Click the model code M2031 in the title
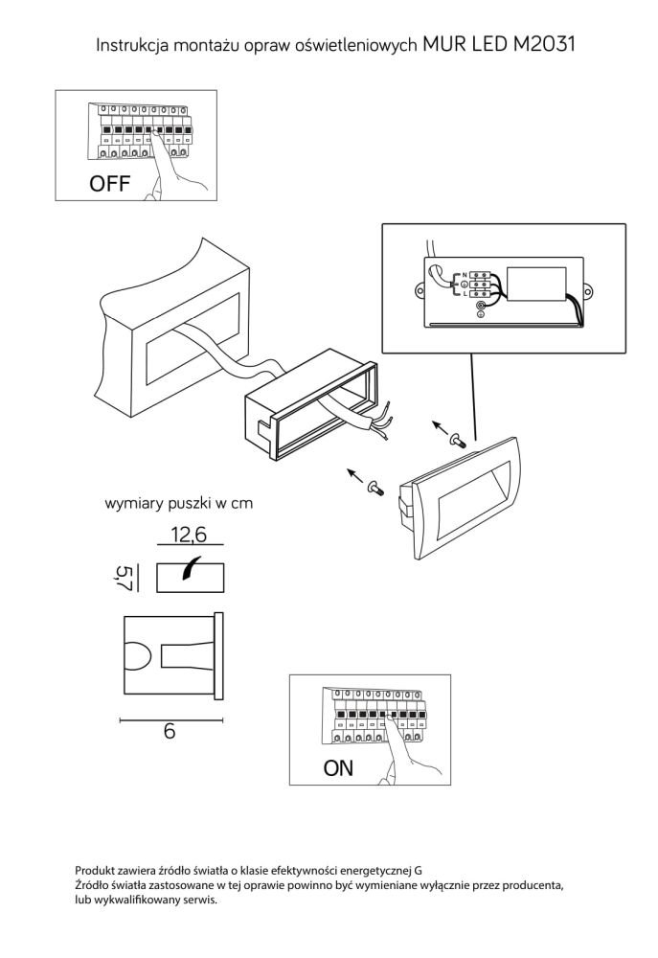pos(541,44)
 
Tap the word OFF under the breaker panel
pos(109,183)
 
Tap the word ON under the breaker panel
pos(338,768)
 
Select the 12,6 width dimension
pos(189,535)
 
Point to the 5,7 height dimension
pos(124,578)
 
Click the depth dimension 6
pos(170,731)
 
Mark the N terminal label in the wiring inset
pos(465,276)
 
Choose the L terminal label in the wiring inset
pos(465,294)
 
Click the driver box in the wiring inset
pos(537,285)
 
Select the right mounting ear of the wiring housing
pos(588,290)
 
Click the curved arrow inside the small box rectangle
pos(192,567)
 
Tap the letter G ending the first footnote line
pos(418,871)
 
